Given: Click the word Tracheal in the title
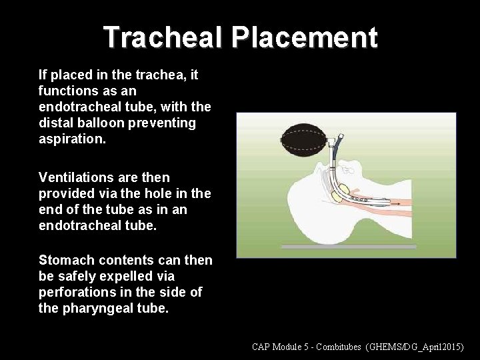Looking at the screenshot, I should [x=164, y=38].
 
